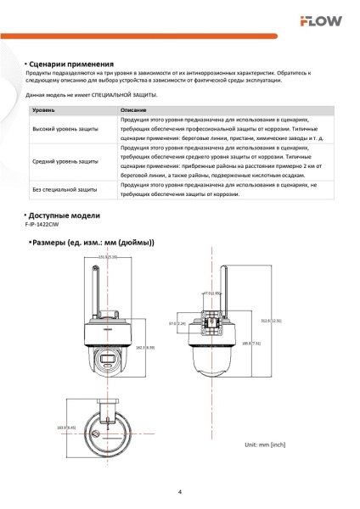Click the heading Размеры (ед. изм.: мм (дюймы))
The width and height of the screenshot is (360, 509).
(93, 243)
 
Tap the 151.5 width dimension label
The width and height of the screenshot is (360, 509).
(107, 255)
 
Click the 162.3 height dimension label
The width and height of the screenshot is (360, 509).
(145, 347)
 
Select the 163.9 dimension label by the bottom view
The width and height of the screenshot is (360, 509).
(66, 427)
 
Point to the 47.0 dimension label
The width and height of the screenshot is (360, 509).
(211, 293)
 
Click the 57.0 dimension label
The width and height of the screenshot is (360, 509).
(177, 323)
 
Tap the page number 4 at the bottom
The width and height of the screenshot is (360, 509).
(179, 491)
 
